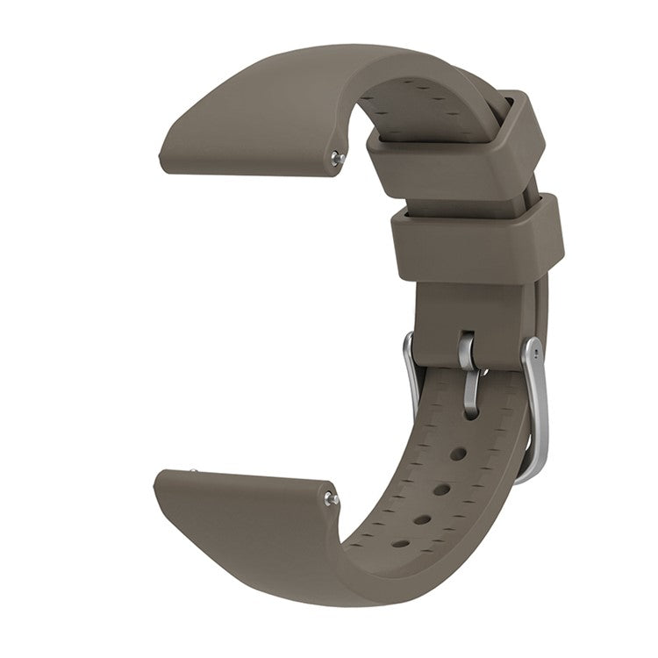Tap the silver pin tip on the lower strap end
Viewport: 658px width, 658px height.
click(332, 498)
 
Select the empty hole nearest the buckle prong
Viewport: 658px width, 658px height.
click(458, 454)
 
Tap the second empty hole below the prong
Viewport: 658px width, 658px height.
click(441, 489)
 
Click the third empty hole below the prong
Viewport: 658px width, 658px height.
click(422, 519)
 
